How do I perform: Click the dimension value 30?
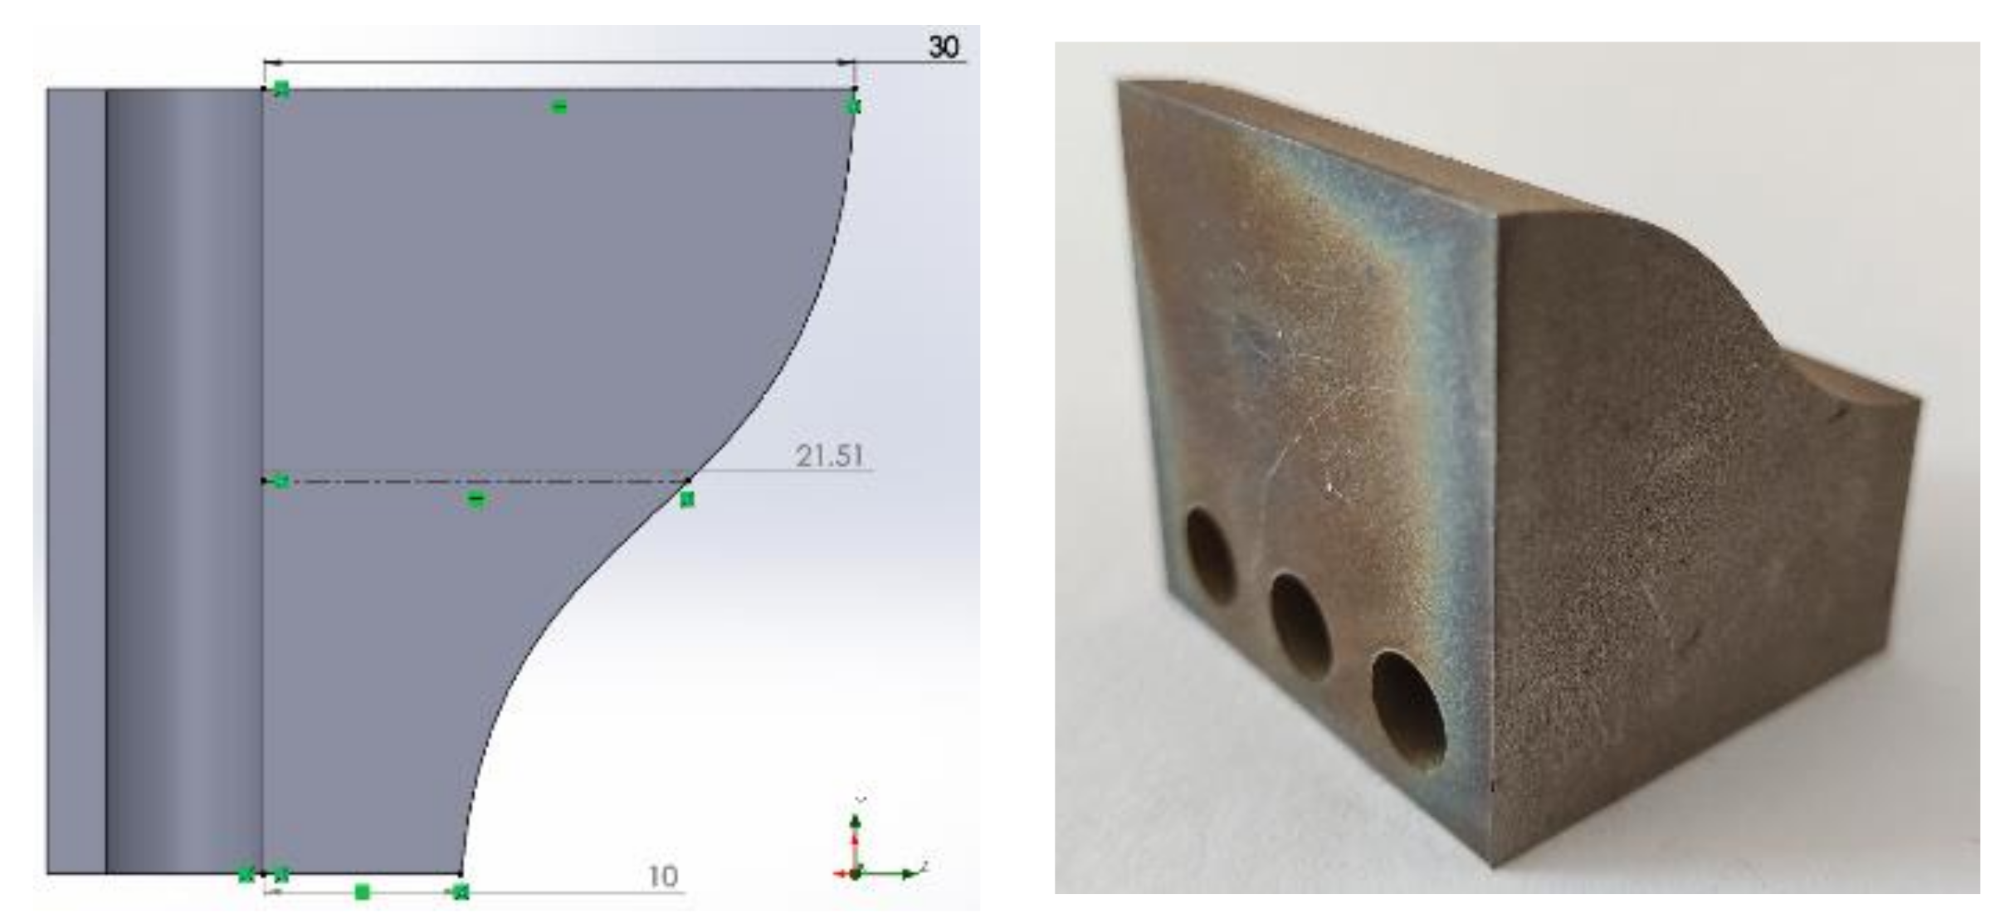(x=944, y=46)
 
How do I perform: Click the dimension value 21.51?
(x=829, y=456)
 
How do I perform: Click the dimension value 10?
(x=662, y=876)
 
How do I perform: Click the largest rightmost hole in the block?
(x=1408, y=710)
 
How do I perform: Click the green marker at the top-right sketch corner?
(x=853, y=106)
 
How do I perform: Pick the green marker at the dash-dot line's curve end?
(x=686, y=500)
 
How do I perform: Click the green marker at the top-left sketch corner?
(x=281, y=89)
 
